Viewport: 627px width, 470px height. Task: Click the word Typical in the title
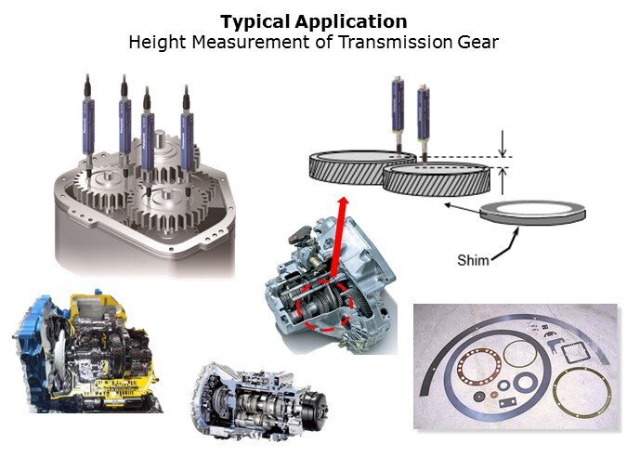[256, 22]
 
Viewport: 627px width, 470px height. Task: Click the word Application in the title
[351, 22]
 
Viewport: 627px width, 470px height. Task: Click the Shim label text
[473, 260]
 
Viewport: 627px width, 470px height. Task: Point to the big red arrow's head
[344, 202]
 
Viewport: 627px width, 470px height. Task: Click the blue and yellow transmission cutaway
[86, 353]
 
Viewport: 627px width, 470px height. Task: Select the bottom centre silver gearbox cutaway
[259, 400]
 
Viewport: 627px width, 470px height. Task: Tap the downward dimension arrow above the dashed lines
[503, 143]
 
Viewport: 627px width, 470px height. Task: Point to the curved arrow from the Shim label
[507, 244]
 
